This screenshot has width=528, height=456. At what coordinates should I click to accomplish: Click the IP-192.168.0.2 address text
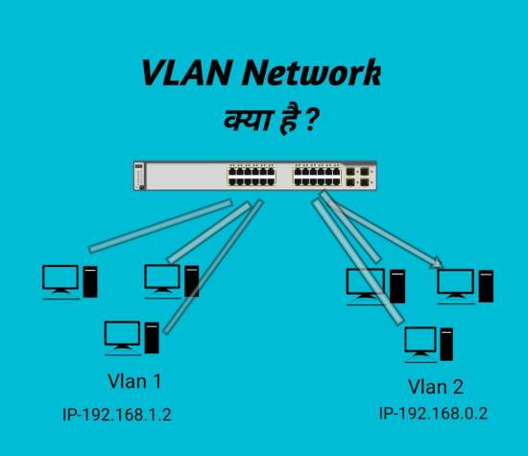coord(434,413)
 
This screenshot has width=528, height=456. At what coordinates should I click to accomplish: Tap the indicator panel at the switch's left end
coord(141,176)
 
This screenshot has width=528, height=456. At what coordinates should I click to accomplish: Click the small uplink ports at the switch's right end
coord(364,176)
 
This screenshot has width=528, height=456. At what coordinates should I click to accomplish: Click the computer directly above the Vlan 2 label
coord(428,343)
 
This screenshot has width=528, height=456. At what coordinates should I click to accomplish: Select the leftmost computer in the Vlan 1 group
coord(70,279)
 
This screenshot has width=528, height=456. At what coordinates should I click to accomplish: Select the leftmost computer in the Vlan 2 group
coord(375,285)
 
